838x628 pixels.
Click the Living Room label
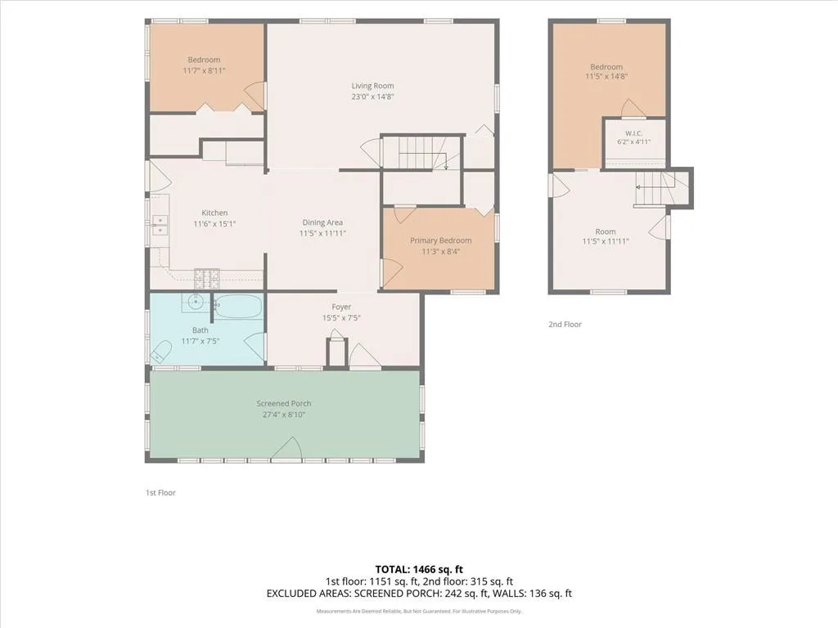coord(372,86)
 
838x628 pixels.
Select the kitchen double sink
coord(160,225)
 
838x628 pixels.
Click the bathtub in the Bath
coord(238,307)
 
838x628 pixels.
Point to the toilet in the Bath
coord(160,352)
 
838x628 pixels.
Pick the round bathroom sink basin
coord(196,303)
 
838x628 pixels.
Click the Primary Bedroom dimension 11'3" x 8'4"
coord(441,252)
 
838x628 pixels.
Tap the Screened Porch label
coord(284,404)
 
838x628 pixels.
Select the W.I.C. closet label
coord(634,133)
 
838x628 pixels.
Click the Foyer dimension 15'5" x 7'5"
coord(341,318)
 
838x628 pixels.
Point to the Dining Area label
coord(322,222)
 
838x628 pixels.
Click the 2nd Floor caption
coord(565,324)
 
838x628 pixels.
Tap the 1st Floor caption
coord(160,493)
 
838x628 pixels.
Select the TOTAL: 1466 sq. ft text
coord(419,569)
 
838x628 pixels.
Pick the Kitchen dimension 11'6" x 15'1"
coord(214,224)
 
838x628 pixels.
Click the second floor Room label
coord(606,231)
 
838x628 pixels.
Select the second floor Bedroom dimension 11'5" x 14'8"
coord(606,76)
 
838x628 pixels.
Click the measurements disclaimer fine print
coord(419,612)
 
